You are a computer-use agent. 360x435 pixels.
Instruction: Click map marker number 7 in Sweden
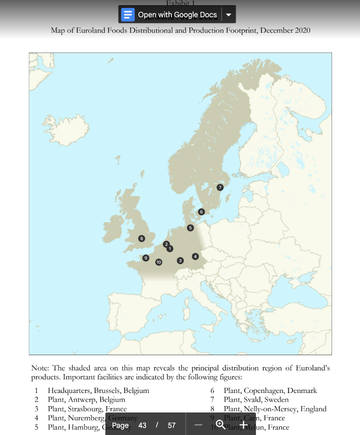tap(219, 187)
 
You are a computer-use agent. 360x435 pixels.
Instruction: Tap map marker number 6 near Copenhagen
tap(201, 212)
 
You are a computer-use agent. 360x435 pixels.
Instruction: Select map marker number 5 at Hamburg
tap(190, 228)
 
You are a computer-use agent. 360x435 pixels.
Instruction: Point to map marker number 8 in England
tap(141, 238)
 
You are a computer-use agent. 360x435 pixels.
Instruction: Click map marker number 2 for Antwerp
tap(166, 244)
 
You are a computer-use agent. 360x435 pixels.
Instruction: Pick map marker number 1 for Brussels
tap(170, 249)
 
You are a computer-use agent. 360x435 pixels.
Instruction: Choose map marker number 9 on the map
tap(146, 258)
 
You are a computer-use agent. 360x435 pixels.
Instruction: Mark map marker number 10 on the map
tap(158, 262)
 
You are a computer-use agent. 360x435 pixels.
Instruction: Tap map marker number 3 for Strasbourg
tap(180, 260)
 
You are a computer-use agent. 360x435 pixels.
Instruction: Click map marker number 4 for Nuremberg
tap(195, 256)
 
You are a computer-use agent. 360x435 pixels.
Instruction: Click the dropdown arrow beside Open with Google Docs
tap(228, 15)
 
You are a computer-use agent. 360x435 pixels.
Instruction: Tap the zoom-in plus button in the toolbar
tap(243, 425)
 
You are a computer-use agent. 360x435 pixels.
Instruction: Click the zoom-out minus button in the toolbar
tap(198, 425)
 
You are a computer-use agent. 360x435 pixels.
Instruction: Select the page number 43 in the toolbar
tap(142, 425)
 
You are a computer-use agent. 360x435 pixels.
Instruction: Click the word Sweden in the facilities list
tap(277, 400)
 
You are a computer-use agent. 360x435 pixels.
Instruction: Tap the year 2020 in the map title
tap(301, 30)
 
